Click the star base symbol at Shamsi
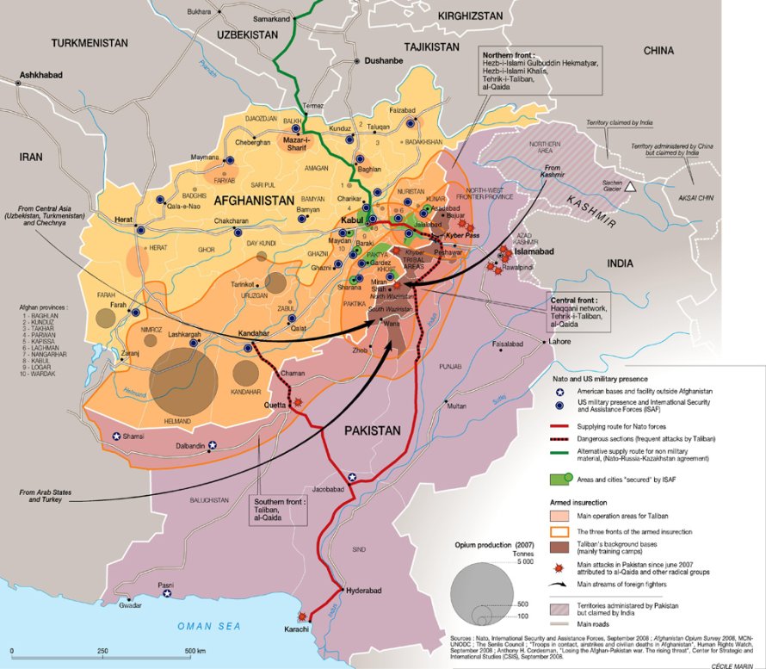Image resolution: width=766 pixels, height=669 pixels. click(x=116, y=437)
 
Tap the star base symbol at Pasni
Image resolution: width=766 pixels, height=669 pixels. click(x=168, y=593)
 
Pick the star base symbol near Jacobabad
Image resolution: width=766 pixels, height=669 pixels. click(x=351, y=477)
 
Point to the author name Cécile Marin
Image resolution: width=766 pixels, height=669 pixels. click(x=737, y=664)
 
